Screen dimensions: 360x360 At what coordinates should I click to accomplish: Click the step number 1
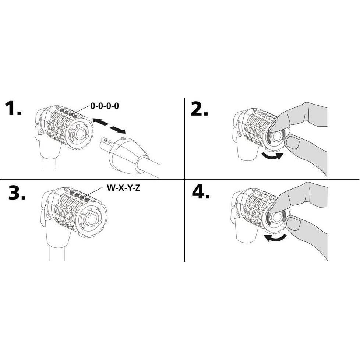13,108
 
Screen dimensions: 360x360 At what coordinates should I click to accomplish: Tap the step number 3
17,193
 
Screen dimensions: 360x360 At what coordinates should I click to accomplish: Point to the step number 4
201,192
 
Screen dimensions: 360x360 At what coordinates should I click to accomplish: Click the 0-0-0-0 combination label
105,106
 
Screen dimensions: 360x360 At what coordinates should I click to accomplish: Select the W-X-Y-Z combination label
123,188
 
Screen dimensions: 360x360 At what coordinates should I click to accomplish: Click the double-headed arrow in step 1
109,126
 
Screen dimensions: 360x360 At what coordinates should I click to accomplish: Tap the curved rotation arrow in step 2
272,156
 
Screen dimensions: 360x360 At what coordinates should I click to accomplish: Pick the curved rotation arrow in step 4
275,238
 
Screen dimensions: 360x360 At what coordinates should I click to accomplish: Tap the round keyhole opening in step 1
80,134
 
